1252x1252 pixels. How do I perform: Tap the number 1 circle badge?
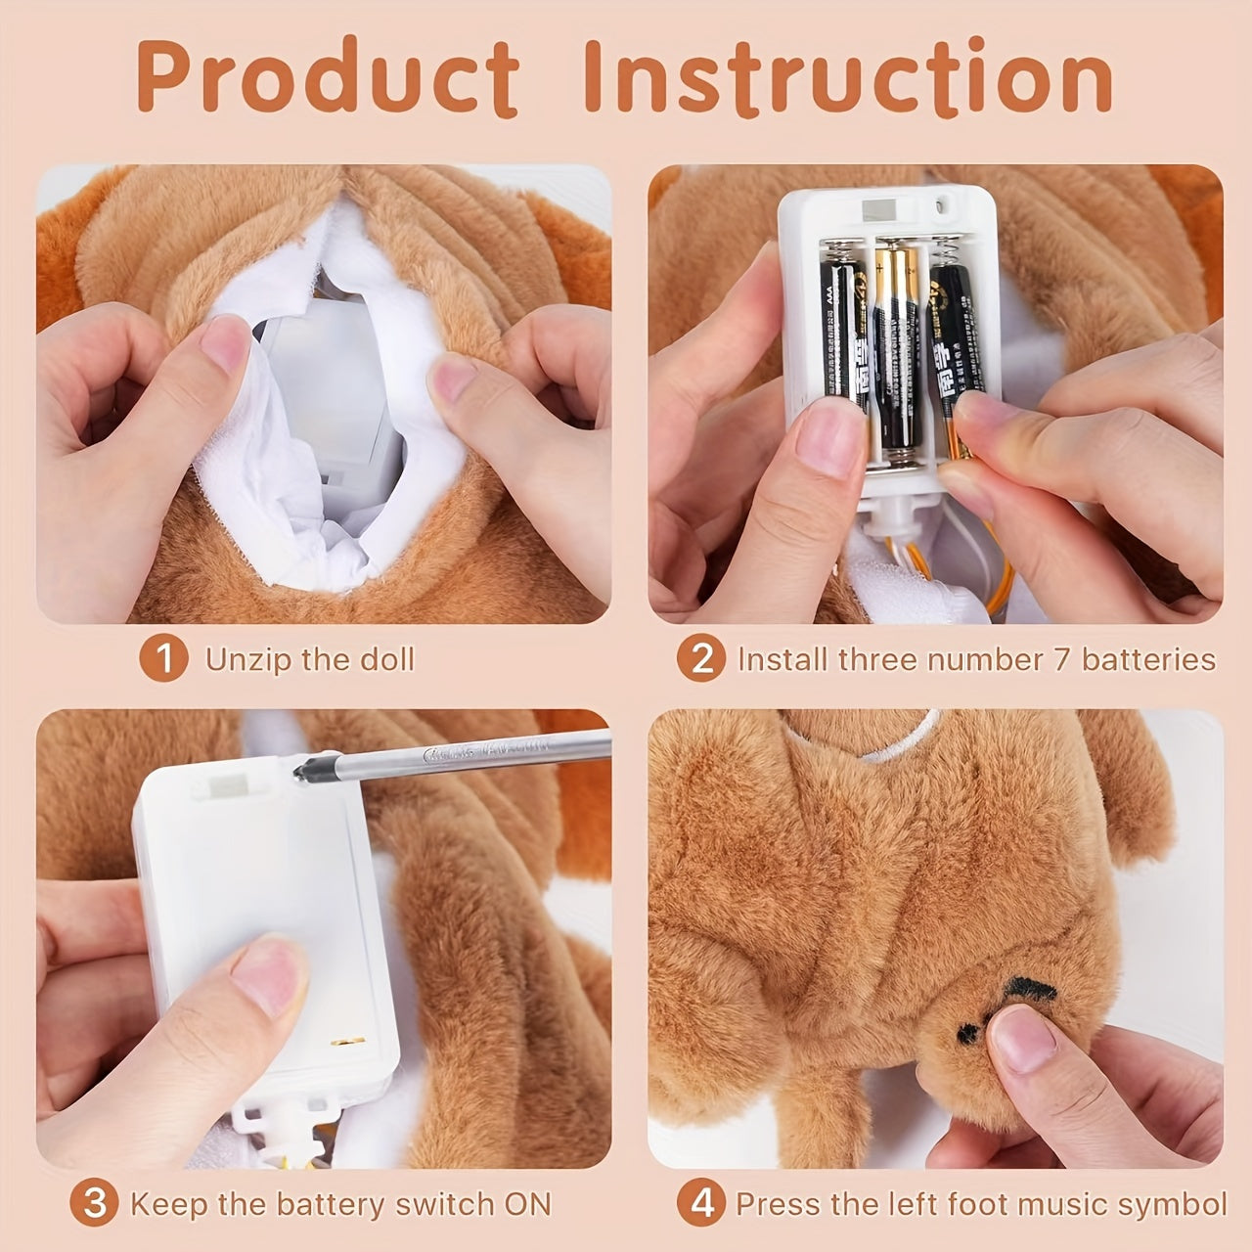pyautogui.click(x=163, y=659)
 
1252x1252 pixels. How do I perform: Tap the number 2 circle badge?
pyautogui.click(x=701, y=659)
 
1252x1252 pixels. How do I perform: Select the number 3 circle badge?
pyautogui.click(x=95, y=1203)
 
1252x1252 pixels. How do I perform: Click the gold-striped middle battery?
pyautogui.click(x=892, y=352)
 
